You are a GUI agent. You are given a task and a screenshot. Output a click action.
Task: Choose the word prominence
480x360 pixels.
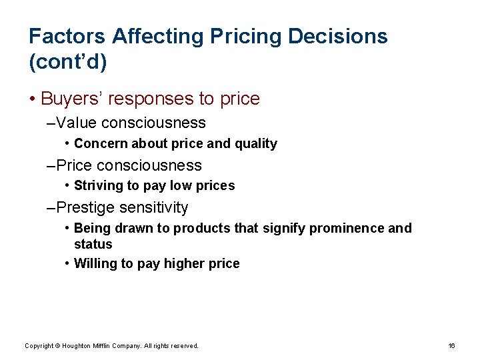[x=346, y=228]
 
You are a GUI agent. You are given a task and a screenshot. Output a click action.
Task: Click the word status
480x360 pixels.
[x=93, y=244]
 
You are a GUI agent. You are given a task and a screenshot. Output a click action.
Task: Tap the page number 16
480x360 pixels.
[x=451, y=345]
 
